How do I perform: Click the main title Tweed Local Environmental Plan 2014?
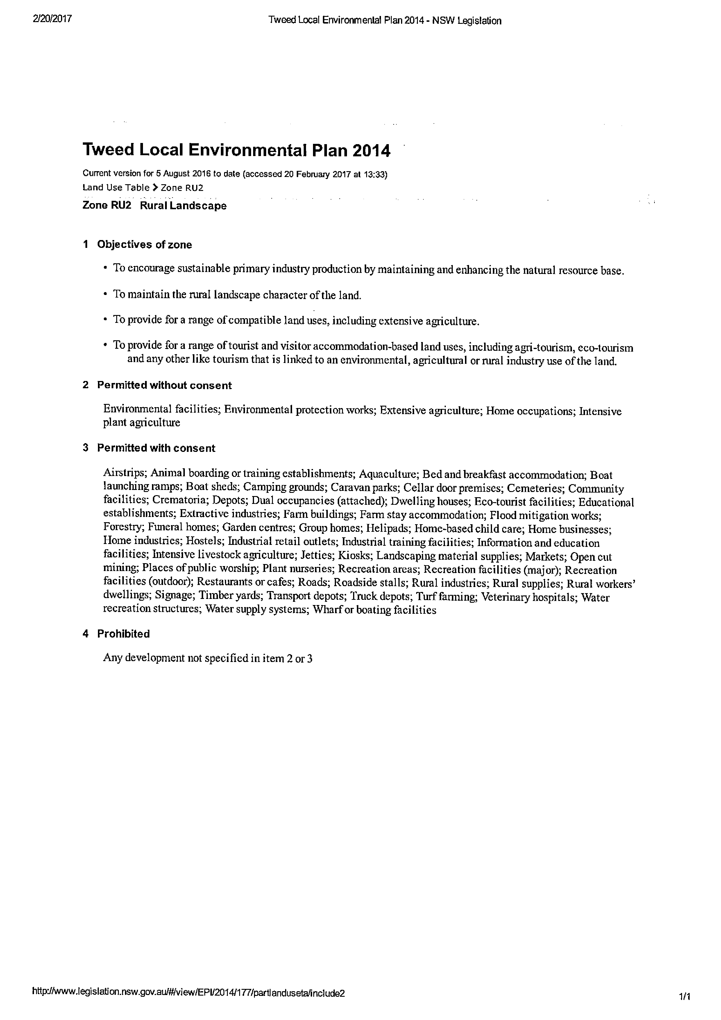coord(236,151)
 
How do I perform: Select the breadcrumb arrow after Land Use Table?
coord(155,187)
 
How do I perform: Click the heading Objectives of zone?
coord(144,245)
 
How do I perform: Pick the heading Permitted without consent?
coord(164,386)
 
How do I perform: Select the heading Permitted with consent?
coord(156,448)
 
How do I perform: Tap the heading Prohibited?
coord(124,634)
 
